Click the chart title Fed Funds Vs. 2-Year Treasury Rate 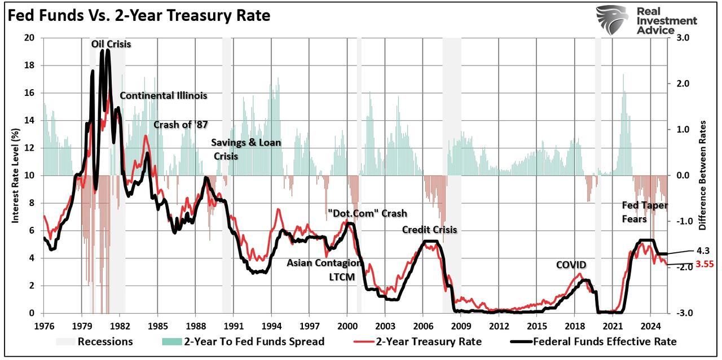click(139, 16)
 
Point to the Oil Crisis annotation click(111, 43)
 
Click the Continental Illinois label click(164, 95)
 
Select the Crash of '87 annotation click(181, 125)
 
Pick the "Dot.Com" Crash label click(367, 213)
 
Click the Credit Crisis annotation click(429, 230)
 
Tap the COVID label click(571, 265)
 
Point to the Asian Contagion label click(324, 262)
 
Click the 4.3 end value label click(703, 251)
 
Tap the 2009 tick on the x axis click(461, 326)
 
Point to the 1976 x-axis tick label click(43, 326)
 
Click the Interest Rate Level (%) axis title click(16, 175)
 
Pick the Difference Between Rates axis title click(703, 175)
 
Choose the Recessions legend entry click(94, 341)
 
